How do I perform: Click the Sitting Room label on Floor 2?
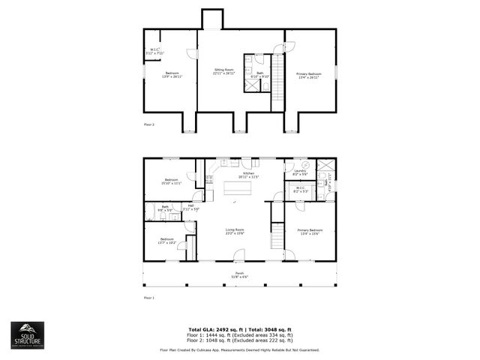tap(223, 70)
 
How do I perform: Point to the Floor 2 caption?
tap(148, 124)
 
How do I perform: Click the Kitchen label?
tap(249, 174)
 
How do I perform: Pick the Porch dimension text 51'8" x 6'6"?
tap(239, 277)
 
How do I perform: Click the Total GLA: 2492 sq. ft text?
tap(212, 328)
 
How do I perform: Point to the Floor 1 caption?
tap(148, 298)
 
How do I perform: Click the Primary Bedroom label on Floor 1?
tap(309, 231)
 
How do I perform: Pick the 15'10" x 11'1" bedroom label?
tap(171, 181)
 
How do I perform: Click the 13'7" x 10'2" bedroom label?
tap(166, 241)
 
